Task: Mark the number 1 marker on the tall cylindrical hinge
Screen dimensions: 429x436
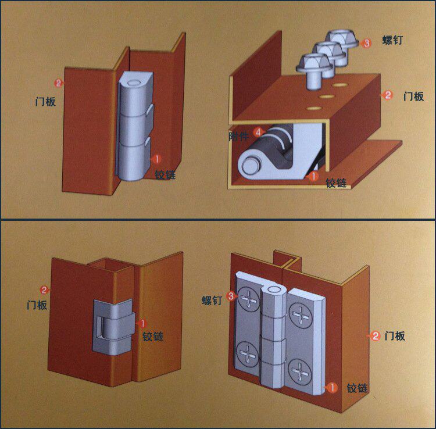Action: [156, 158]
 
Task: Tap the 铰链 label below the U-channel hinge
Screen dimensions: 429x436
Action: [336, 183]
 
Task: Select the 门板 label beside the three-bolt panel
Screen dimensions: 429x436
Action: [413, 96]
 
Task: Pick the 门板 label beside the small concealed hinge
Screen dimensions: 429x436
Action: [37, 304]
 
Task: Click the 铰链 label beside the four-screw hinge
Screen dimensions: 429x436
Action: [357, 388]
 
